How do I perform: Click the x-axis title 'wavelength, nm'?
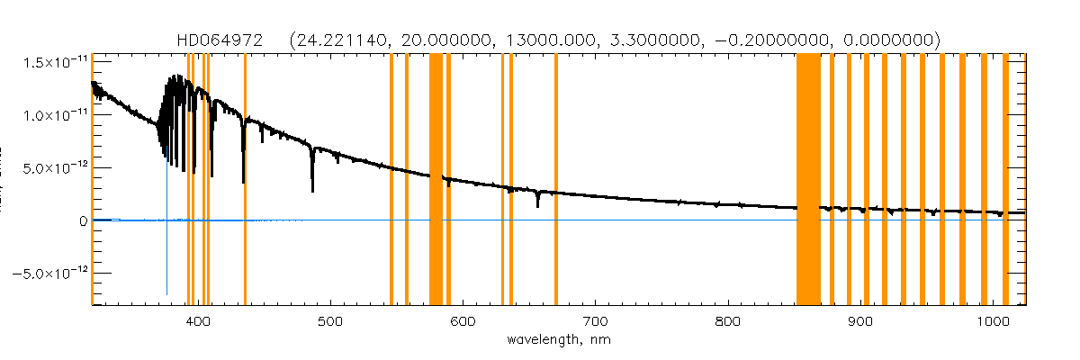coord(559,341)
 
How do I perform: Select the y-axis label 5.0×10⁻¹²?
coord(50,167)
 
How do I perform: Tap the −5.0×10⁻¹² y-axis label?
coord(47,273)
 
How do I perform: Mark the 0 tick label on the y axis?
coord(83,220)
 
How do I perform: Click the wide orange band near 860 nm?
coord(808,180)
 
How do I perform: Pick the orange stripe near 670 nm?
coord(556,180)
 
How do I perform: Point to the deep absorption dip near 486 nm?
coord(312,180)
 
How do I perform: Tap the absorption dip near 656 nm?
coord(537,200)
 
